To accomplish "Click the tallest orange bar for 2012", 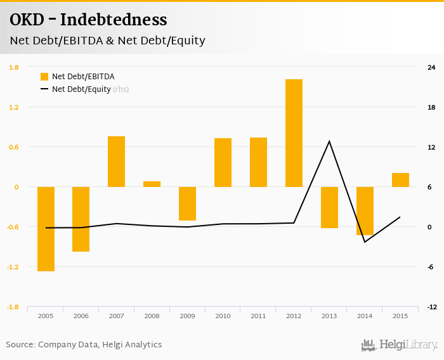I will pos(294,133).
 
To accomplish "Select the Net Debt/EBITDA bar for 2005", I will pos(46,229).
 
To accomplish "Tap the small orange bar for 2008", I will pos(152,184).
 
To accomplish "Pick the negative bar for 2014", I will pos(365,211).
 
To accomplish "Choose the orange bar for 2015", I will pos(400,180).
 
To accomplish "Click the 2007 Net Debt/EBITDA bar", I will pos(116,162).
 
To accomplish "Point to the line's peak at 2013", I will pos(329,141).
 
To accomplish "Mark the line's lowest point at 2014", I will pos(365,242).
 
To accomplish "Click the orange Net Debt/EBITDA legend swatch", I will pos(44,77).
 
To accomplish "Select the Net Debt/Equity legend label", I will pos(81,89).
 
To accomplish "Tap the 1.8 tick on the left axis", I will pos(13,67).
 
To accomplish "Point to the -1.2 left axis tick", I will pos(13,267).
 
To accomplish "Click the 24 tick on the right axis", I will pos(431,67).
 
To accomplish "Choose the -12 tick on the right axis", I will pos(431,307).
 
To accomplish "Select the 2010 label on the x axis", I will pos(223,316).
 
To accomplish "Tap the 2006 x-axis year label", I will pos(81,316).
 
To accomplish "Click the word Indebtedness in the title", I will pos(114,20).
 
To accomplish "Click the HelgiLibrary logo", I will pos(399,345).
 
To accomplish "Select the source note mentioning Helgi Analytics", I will pos(84,345).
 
